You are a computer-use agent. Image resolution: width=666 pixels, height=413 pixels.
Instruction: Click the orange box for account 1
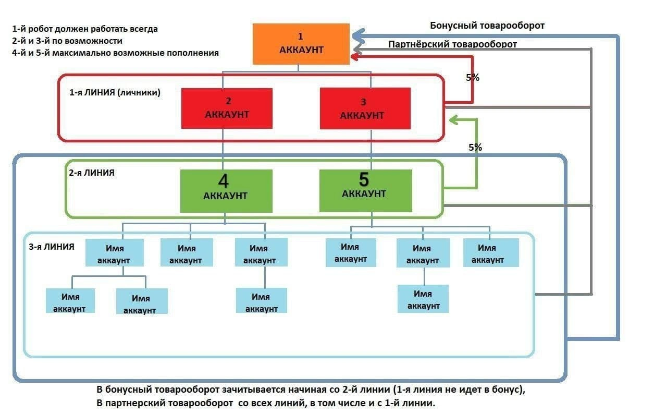[x=301, y=44]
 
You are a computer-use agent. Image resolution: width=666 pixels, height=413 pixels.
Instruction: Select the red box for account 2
[x=227, y=108]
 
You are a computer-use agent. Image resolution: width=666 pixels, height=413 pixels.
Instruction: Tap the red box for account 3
[x=365, y=108]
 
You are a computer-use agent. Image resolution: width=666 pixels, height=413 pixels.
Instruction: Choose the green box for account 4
[x=226, y=191]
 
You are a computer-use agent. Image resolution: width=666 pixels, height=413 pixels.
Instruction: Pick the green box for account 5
[x=366, y=191]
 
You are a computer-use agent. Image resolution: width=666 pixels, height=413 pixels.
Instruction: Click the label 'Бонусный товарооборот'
[x=487, y=26]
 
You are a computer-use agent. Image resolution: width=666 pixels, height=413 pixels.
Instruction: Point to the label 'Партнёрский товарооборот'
[x=452, y=44]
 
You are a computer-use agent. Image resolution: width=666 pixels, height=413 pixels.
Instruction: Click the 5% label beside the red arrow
[x=473, y=78]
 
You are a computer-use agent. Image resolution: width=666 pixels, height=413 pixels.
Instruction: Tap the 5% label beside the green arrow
[x=475, y=147]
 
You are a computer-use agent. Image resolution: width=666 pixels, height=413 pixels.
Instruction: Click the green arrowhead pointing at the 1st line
[x=453, y=120]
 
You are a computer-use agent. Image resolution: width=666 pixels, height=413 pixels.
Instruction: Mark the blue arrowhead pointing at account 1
[x=358, y=36]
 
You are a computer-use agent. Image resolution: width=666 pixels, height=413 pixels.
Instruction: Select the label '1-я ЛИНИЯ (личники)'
[x=115, y=92]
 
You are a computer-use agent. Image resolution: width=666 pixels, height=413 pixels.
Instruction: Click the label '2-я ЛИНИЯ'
[x=92, y=173]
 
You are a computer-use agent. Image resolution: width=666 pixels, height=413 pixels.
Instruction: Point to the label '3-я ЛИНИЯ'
[x=52, y=247]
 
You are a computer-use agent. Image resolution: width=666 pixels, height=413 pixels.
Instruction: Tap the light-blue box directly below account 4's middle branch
[x=187, y=252]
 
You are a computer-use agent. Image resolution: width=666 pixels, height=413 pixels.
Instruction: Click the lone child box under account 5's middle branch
[x=423, y=299]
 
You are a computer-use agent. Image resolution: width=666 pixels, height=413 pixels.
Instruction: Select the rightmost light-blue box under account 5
[x=491, y=252]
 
